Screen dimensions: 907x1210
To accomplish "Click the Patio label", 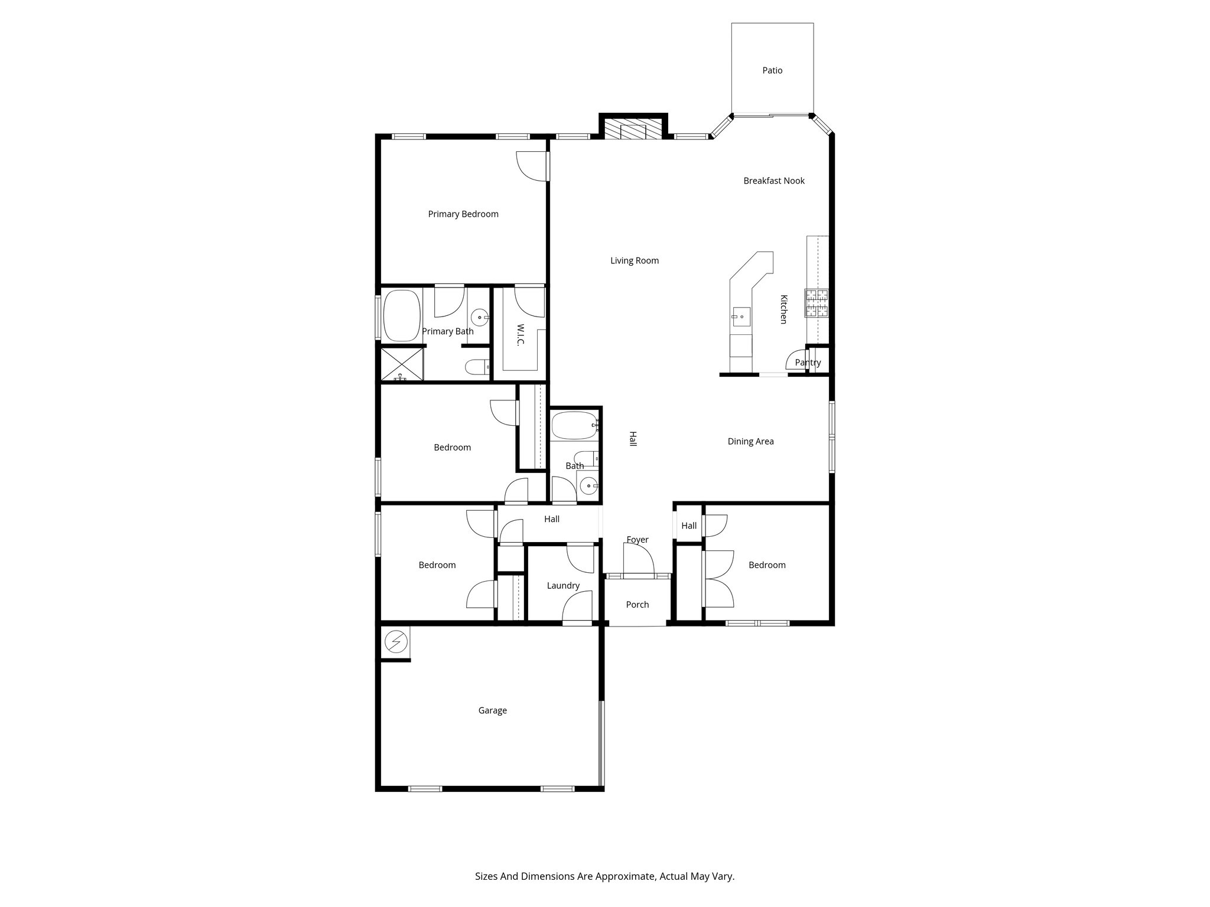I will click(x=772, y=70).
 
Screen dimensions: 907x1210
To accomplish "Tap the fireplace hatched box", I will click(x=633, y=129).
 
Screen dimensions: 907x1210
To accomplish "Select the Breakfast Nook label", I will click(x=773, y=181).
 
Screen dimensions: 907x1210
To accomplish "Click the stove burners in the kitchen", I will click(x=816, y=303).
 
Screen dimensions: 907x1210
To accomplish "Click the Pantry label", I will click(x=808, y=363).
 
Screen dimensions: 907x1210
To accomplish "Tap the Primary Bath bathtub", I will click(x=402, y=315).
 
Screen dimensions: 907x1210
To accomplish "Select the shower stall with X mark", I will click(x=402, y=364).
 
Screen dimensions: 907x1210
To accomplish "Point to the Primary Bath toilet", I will click(x=477, y=367).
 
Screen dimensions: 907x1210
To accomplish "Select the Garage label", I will click(x=492, y=710).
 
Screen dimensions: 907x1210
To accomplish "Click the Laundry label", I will click(x=562, y=586).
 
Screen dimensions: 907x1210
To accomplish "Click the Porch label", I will click(x=637, y=605).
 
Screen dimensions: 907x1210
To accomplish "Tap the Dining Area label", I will click(x=750, y=441).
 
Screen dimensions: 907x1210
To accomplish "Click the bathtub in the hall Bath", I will click(x=574, y=425).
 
